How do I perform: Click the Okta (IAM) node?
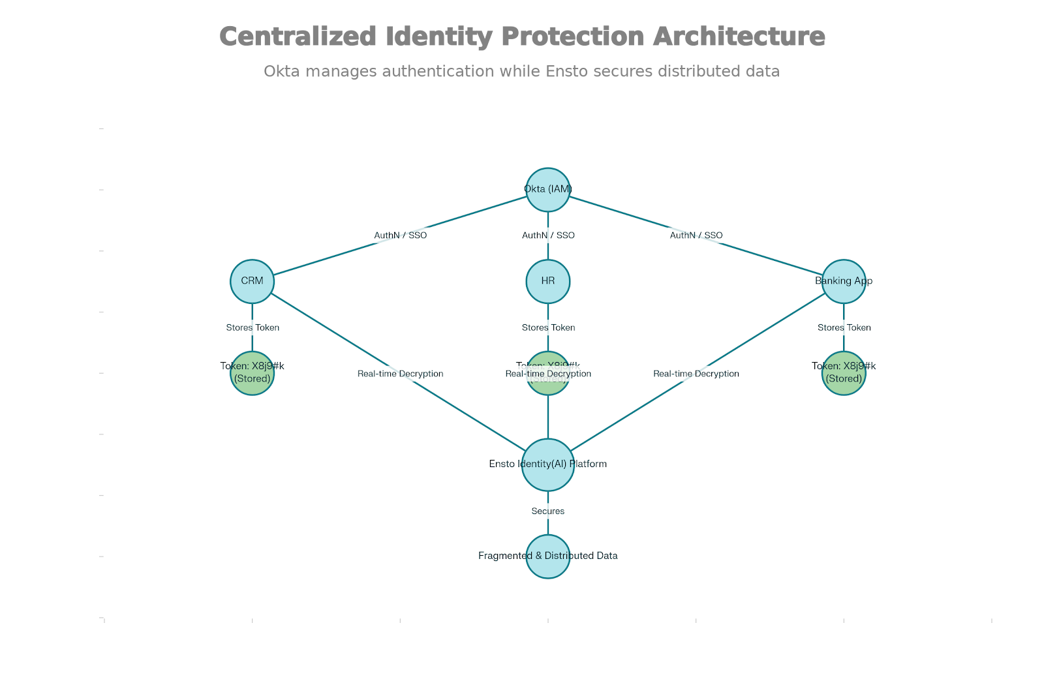(x=548, y=190)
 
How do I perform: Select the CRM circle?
(x=252, y=281)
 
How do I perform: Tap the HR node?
(x=548, y=281)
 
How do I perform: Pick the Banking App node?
(x=844, y=281)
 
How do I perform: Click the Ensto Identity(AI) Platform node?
(x=548, y=464)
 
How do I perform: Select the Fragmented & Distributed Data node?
(x=548, y=556)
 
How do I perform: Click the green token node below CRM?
(x=252, y=373)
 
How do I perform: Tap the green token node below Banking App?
(x=844, y=373)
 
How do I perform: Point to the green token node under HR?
(x=548, y=385)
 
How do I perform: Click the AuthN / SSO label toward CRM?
(x=400, y=235)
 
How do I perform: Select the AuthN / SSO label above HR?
(x=548, y=235)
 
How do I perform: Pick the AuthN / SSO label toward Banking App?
(x=696, y=235)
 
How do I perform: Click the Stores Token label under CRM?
(x=253, y=327)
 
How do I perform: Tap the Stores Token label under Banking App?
(x=844, y=327)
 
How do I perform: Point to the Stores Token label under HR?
(x=548, y=327)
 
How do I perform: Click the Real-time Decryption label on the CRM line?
(x=400, y=374)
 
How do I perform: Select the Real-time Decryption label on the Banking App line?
(x=696, y=374)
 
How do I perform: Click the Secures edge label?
(x=548, y=511)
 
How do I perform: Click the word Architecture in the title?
(x=739, y=37)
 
